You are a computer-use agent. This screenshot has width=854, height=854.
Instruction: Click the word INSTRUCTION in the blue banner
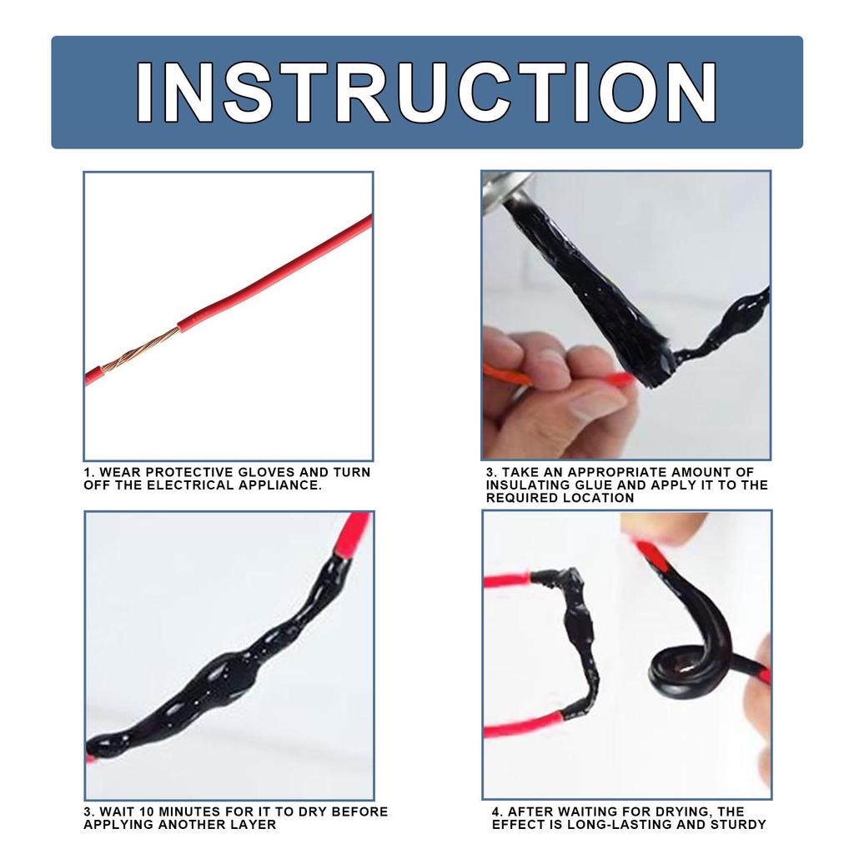426,92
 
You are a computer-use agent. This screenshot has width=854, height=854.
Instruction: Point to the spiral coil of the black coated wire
687,668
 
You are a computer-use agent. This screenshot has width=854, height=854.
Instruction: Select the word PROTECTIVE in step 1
190,472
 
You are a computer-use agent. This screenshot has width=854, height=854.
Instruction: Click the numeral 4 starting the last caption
496,811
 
